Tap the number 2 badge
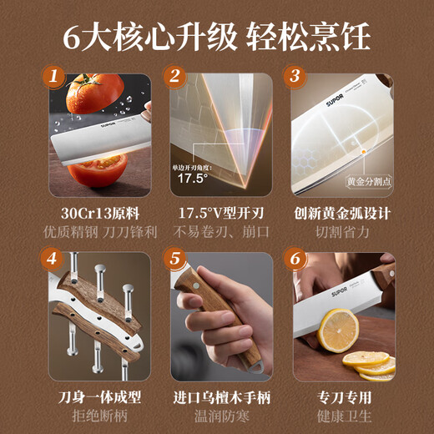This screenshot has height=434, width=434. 174,78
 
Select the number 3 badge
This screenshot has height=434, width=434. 295,78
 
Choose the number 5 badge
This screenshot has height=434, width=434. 174,257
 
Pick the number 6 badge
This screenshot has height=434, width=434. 295,257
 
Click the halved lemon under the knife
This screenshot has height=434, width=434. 339,330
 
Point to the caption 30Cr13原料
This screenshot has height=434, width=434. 97,213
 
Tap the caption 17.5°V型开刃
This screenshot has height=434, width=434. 217,213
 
